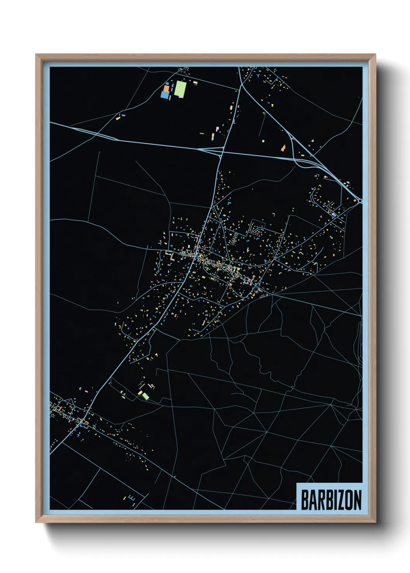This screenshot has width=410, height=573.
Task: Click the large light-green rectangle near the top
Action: (x=179, y=89)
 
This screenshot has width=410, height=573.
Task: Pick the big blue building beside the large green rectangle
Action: (x=165, y=95)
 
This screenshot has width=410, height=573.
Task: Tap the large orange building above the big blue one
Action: (x=166, y=88)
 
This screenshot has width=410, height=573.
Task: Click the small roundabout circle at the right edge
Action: (x=360, y=201)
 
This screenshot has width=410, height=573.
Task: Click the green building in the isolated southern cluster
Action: (x=145, y=396)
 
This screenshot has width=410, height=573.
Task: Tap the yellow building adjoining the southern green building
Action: (x=140, y=393)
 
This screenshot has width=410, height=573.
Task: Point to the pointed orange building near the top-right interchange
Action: (x=283, y=148)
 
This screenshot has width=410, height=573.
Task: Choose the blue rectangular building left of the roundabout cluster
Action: (x=334, y=214)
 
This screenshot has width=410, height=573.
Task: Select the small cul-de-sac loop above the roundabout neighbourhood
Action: (x=314, y=189)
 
